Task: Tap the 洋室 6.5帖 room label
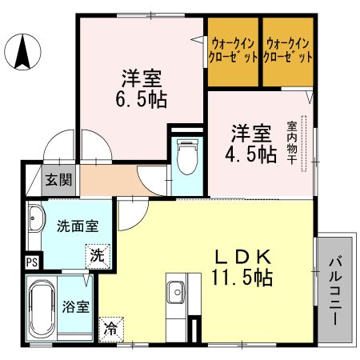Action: point(142,89)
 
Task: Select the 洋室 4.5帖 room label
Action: point(254,142)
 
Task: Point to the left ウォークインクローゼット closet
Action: point(233,51)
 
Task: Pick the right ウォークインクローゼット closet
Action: point(288,51)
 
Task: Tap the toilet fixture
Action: point(186,158)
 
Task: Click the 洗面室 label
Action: point(77,226)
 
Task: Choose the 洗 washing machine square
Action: point(96,258)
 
